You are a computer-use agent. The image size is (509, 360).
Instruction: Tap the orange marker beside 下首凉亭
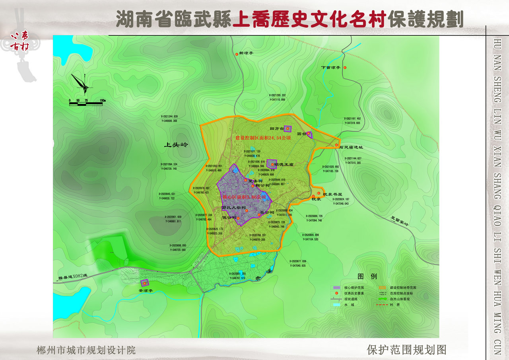point(345,68)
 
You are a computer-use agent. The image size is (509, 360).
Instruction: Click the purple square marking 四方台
point(288,129)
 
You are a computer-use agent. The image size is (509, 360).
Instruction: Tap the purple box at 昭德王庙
point(272,164)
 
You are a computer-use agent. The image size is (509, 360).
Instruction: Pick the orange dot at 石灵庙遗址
point(336,145)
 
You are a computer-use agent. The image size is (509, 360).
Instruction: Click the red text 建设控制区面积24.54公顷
point(263,138)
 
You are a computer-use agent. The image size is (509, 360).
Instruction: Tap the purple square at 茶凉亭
point(145,283)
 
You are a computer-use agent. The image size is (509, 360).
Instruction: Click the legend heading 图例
point(367,276)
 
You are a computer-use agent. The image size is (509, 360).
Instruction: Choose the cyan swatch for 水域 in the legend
point(337,305)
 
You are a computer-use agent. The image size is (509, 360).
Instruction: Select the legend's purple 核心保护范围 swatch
point(337,287)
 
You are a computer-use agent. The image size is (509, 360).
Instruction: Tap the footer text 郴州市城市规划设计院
point(86,350)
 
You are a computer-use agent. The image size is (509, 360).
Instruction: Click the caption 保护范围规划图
point(406,349)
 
